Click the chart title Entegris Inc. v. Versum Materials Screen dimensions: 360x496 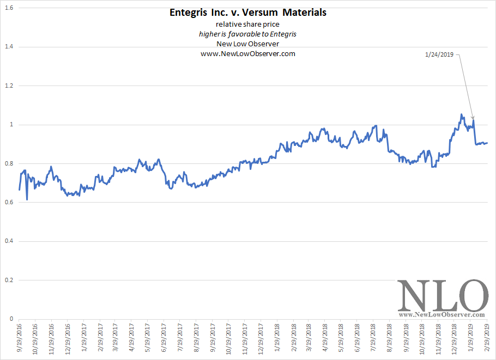point(247,13)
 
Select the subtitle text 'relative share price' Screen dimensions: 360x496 point(247,25)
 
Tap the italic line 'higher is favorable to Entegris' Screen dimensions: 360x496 point(247,34)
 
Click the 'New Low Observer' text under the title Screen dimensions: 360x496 point(247,44)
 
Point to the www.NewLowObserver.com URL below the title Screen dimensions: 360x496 point(247,54)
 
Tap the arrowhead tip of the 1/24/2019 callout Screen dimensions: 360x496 point(473,119)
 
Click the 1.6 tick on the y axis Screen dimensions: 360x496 point(9,8)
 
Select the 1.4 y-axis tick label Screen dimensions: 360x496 point(9,47)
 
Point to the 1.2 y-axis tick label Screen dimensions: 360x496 point(9,86)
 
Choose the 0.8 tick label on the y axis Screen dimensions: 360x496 point(9,164)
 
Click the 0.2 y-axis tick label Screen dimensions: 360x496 point(9,280)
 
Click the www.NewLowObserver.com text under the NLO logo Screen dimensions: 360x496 point(442,315)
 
